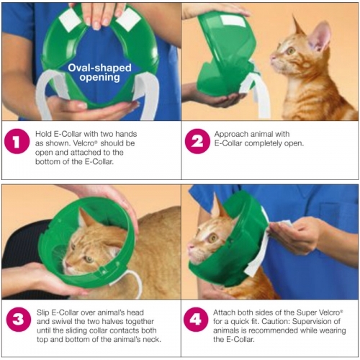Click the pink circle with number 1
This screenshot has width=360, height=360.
tap(17, 143)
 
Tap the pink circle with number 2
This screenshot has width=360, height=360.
tap(197, 143)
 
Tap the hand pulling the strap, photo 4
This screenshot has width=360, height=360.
tap(295, 234)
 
